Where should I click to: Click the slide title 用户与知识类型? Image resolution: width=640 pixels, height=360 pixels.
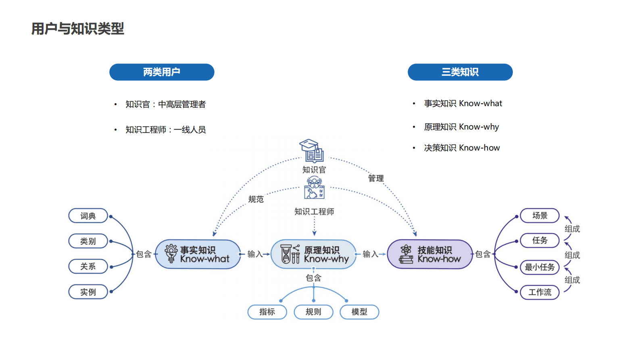click(x=78, y=29)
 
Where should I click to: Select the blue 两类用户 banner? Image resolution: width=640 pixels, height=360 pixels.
click(x=162, y=72)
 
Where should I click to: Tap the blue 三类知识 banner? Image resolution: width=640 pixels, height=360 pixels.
click(x=460, y=72)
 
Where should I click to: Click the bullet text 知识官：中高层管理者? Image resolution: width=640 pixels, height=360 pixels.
click(x=165, y=105)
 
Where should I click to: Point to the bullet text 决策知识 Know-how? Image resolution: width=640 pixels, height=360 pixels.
click(x=462, y=148)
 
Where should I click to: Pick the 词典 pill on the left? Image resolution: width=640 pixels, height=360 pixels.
click(x=88, y=216)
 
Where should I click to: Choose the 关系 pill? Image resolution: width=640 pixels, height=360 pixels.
click(x=88, y=266)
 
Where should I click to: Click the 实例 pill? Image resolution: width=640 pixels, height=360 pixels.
click(x=88, y=292)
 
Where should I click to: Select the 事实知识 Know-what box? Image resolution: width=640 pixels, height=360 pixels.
click(x=198, y=254)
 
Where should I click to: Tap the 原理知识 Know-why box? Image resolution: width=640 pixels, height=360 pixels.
click(x=313, y=254)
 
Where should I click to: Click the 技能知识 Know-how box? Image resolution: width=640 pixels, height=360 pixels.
click(x=429, y=254)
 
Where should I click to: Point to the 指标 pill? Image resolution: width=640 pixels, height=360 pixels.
click(x=267, y=312)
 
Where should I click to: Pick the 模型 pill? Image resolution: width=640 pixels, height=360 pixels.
click(x=359, y=312)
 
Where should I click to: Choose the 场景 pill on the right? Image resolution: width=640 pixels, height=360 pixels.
click(x=540, y=216)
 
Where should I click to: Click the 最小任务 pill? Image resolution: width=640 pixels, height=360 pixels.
click(x=540, y=267)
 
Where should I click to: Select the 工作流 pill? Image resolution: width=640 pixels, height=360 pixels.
click(x=540, y=292)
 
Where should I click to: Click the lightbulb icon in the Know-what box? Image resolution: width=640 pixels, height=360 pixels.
click(x=171, y=253)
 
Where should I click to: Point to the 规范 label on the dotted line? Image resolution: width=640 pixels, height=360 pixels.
click(x=256, y=199)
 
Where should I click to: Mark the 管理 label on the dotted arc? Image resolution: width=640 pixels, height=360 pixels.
click(x=376, y=178)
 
